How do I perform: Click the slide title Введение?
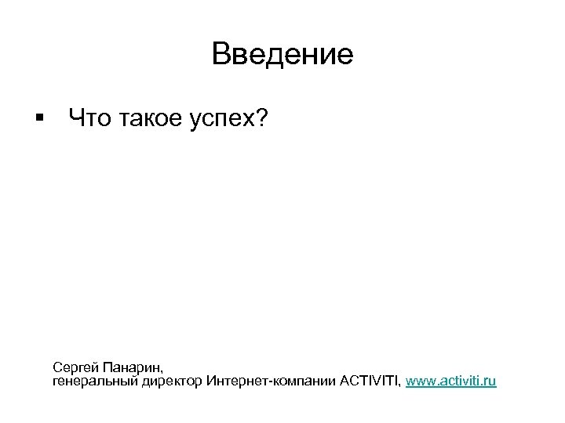coord(282,54)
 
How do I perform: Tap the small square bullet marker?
coord(38,118)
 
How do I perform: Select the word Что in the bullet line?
coord(88,118)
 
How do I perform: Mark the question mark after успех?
coord(263,118)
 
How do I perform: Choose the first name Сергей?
coord(75,367)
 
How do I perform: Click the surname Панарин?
coord(132,367)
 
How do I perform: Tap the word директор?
coord(174,381)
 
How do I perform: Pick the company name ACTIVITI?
coord(370,381)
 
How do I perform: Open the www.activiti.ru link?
coord(450,381)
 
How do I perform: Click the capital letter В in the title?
coord(221,54)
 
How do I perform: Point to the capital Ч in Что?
coord(76,118)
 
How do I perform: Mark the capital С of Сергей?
coord(57,367)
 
